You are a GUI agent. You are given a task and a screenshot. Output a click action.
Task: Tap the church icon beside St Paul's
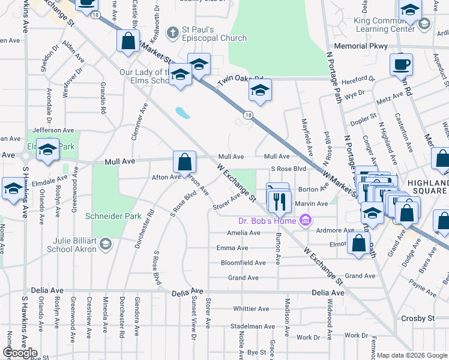click(173, 32)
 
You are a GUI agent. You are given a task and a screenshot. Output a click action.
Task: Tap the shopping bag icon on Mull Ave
click(184, 161)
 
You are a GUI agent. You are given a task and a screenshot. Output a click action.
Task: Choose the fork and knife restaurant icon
click(279, 200)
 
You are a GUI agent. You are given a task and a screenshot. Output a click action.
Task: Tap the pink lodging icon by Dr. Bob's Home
click(306, 220)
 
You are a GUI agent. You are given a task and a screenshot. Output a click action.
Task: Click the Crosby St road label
click(418, 318)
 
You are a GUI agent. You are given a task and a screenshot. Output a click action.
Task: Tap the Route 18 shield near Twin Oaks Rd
click(247, 114)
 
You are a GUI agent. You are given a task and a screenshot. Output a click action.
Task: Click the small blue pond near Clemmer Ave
click(179, 112)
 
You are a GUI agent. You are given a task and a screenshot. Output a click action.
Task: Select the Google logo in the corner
click(20, 353)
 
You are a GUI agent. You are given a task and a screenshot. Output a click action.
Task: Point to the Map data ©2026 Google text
click(411, 355)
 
